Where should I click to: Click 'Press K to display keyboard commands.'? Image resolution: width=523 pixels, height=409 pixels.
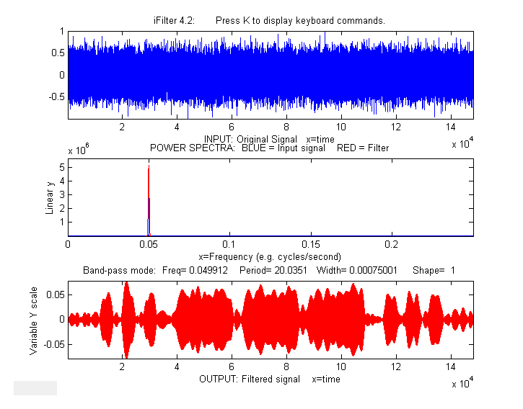coord(300,21)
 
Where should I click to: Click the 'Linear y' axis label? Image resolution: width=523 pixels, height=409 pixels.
coord(50,199)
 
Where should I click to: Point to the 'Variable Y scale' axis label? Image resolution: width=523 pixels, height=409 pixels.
coord(34,318)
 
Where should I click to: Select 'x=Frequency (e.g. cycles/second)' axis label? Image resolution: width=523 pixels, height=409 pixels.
coord(270,256)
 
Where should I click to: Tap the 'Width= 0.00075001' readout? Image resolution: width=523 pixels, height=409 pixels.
coord(349,271)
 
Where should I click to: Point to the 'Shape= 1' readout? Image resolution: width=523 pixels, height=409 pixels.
coord(434,271)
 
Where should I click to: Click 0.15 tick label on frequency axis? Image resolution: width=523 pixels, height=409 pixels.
coord(311,245)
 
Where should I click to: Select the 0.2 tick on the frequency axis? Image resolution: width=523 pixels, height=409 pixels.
coord(392,245)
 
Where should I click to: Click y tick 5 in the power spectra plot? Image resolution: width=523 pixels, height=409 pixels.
coord(62,167)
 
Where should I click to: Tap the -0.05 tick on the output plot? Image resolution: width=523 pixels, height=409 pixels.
coord(55,343)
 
